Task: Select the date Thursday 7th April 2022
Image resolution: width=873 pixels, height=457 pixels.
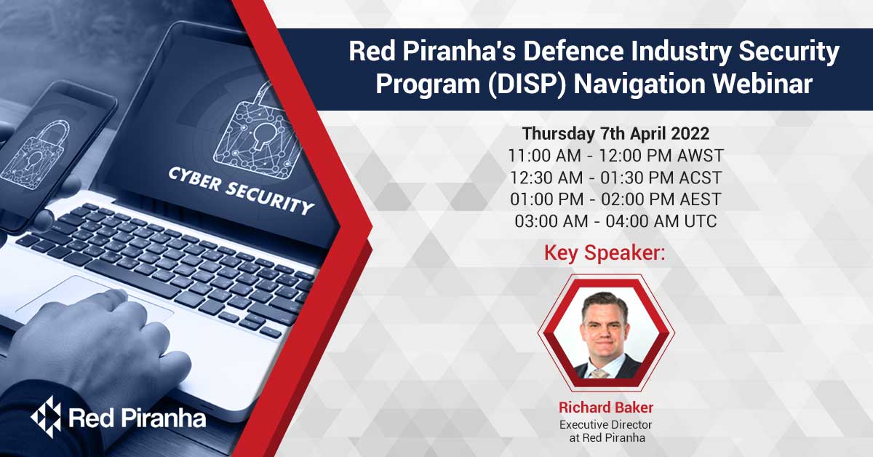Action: [x=615, y=134]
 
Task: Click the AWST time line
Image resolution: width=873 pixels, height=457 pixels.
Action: [x=615, y=156]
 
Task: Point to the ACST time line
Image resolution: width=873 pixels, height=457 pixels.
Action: [x=615, y=178]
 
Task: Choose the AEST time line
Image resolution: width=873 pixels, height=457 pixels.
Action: [x=615, y=199]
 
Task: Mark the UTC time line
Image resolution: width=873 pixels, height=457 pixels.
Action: [x=615, y=221]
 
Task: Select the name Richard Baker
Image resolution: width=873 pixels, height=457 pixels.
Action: [x=605, y=406]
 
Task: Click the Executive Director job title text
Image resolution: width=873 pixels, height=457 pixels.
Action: [x=605, y=424]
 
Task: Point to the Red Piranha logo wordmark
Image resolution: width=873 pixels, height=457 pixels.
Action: [x=136, y=418]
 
